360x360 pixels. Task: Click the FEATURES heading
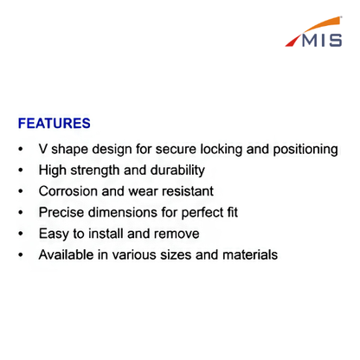tap(55, 123)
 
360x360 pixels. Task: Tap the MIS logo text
tap(322, 40)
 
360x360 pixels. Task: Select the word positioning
tap(305, 150)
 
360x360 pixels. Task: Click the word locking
tap(222, 150)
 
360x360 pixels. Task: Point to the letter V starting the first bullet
tap(43, 149)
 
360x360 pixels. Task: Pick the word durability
tap(177, 170)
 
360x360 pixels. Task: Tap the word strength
tap(95, 170)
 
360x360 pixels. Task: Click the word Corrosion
tap(68, 191)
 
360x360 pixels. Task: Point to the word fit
tap(233, 212)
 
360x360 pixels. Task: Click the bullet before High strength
tap(21, 170)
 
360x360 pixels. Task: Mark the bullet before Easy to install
tap(21, 234)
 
